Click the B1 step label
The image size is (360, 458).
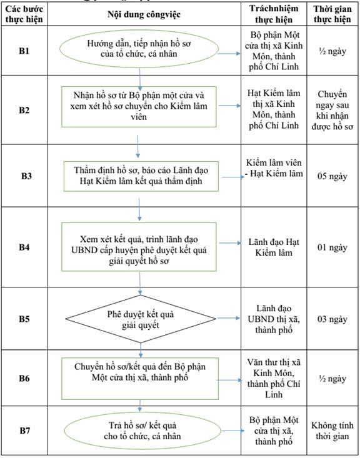tap(24, 51)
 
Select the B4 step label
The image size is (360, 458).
tap(24, 247)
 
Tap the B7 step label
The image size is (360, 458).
tap(25, 431)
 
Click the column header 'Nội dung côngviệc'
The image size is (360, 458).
tap(144, 14)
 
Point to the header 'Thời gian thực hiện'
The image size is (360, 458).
tap(332, 14)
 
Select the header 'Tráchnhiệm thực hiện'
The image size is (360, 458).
tap(274, 14)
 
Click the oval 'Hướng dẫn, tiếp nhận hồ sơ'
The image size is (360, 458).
tap(139, 49)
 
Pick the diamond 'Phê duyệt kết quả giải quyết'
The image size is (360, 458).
tap(141, 319)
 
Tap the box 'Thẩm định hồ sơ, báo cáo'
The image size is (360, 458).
tap(141, 176)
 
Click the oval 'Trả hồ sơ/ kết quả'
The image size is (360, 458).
tap(142, 431)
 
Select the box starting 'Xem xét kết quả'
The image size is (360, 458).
tap(139, 247)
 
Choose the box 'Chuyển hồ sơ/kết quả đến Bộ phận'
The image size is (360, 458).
tap(140, 379)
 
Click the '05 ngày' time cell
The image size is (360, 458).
tap(332, 176)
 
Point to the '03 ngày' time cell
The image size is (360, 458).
tap(332, 319)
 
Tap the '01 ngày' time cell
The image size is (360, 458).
tap(332, 247)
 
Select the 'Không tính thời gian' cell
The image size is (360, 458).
tap(332, 431)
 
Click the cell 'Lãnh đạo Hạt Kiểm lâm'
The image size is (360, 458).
tap(274, 247)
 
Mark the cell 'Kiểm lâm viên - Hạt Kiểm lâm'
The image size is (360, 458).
tap(274, 168)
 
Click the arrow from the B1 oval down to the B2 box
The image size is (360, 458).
tap(139, 79)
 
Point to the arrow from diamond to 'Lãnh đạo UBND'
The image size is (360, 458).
tap(229, 318)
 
